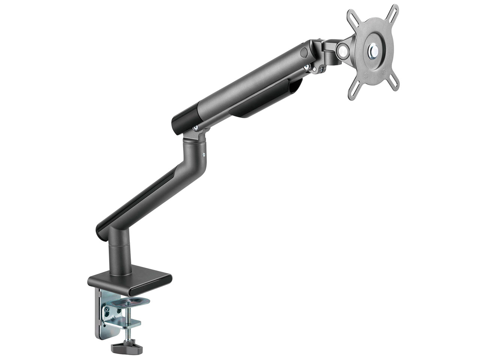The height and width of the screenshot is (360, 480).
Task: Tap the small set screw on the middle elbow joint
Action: (x=204, y=154)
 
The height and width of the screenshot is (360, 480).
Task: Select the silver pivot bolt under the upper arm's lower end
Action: (x=195, y=128)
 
